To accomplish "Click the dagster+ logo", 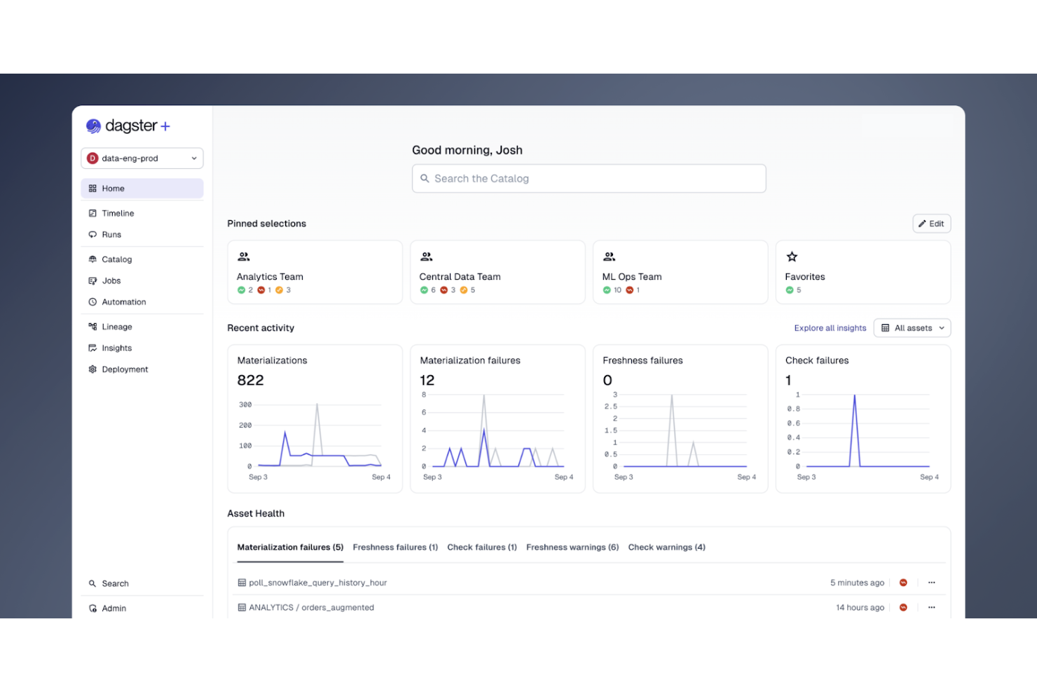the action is point(128,126).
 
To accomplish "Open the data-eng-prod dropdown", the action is point(142,158).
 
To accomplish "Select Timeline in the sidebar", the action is point(118,213).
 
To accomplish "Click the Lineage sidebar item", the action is point(116,327).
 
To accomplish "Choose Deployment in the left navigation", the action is point(125,369).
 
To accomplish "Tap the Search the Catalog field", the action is point(589,179).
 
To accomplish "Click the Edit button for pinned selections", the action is point(931,224).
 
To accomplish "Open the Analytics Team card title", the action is point(270,277).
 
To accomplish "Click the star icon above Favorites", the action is point(792,257).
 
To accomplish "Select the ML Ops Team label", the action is point(631,277).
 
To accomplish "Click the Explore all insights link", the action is point(830,328).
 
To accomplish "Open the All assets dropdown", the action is point(912,328).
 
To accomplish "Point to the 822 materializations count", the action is point(250,380).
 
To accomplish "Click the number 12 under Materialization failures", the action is point(427,380).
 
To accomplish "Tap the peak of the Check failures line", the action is point(854,397).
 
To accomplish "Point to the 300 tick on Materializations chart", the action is point(245,405).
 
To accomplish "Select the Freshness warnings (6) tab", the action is point(572,548).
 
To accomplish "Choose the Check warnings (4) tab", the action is point(666,548).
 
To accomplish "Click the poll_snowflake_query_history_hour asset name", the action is point(317,583).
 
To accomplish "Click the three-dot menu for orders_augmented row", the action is point(931,608).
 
